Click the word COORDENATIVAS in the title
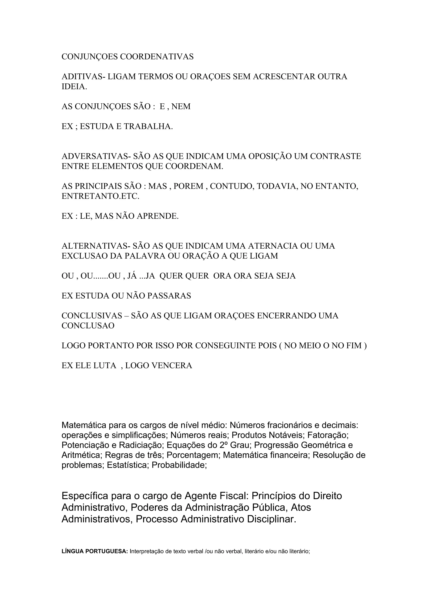point(157,57)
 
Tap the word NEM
point(181,106)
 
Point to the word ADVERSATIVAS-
point(96,156)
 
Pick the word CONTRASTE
point(336,156)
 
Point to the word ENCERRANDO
point(287,316)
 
